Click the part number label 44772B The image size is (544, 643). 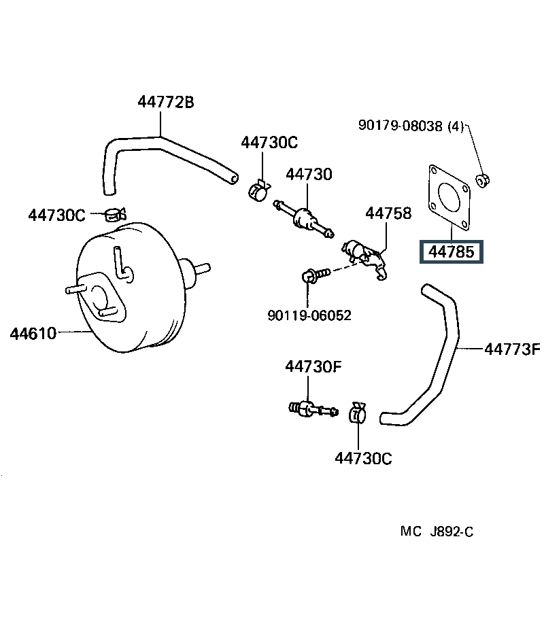click(166, 102)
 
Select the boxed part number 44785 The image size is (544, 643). click(452, 251)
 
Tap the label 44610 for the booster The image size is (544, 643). click(33, 333)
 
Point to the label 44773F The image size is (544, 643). click(513, 349)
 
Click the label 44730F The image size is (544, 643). click(313, 366)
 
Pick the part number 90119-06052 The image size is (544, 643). click(310, 315)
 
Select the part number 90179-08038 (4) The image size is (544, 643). click(411, 125)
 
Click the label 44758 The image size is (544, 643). click(388, 213)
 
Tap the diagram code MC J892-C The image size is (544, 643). click(437, 532)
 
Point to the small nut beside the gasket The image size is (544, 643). click(483, 180)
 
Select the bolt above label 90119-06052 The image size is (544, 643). click(316, 275)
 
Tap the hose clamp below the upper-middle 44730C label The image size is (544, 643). click(259, 190)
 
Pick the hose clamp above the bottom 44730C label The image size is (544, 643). click(357, 413)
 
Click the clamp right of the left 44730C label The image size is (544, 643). click(116, 214)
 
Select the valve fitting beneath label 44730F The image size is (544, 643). click(313, 409)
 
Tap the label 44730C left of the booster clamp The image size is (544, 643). click(56, 215)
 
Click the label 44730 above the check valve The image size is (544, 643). click(309, 174)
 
